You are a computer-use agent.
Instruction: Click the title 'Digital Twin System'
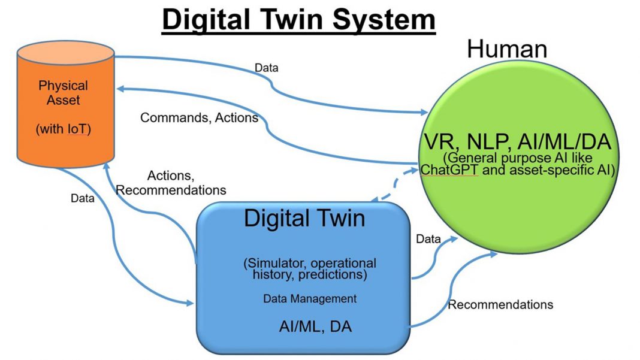pos(298,20)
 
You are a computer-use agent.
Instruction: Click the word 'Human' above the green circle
pos(507,49)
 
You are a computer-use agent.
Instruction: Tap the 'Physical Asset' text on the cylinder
pos(63,93)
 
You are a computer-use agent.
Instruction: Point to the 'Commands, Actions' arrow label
pos(199,117)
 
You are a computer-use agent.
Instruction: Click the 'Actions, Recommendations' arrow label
pos(171,183)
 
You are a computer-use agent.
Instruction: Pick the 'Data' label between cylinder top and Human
pos(266,67)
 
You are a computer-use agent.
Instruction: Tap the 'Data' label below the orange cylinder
pos(82,198)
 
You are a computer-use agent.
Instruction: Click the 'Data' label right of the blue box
pos(428,239)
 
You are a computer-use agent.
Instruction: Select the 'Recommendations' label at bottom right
pos(500,304)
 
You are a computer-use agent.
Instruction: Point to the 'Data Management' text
pos(310,298)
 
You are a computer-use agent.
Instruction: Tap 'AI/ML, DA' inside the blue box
pos(315,326)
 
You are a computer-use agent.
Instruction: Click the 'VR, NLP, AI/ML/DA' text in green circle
pos(517,143)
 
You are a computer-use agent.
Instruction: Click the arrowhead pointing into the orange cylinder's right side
pos(120,88)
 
